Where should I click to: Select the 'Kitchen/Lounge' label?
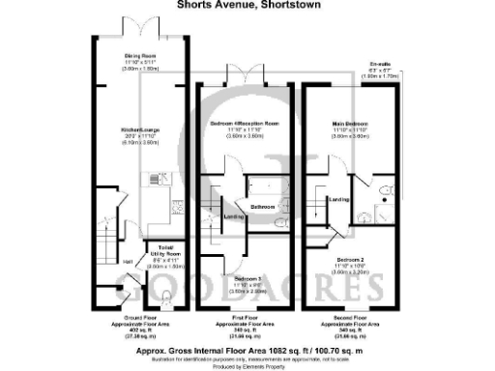(140, 129)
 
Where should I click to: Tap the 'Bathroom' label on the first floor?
(264, 207)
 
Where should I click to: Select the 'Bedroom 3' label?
(246, 278)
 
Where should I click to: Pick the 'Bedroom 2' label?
(350, 260)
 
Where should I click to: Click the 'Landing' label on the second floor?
(339, 200)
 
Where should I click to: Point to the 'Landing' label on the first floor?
(234, 216)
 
